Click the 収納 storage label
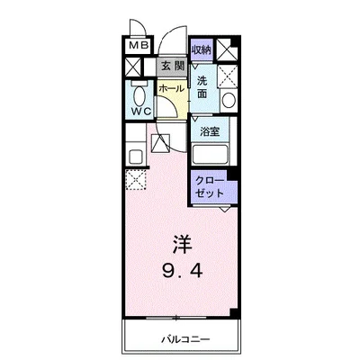[201, 49]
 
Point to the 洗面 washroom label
[203, 86]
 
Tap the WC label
[139, 111]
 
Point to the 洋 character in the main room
[181, 243]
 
